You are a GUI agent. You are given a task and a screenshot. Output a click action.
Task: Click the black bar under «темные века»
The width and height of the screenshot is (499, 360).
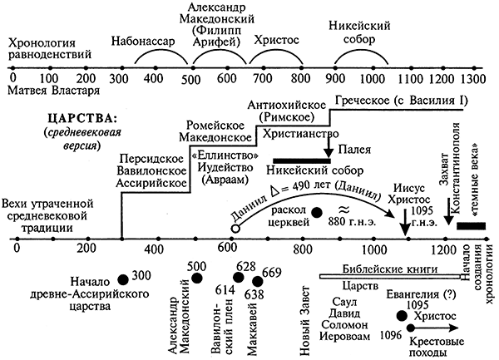pos(472,225)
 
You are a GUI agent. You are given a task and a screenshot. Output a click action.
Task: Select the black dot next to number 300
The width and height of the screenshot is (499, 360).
pos(123,279)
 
